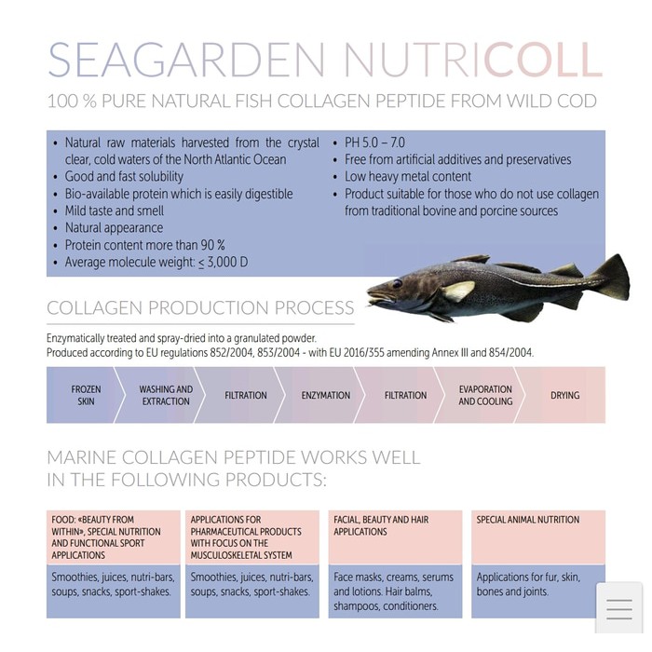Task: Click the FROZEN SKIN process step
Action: pos(86,395)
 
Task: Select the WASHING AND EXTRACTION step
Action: pos(166,395)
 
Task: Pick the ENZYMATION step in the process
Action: pos(326,395)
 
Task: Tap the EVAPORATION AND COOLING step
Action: pos(485,395)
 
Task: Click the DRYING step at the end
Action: pos(564,395)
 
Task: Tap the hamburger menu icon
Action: pos(618,609)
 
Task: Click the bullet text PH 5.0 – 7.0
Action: pos(374,143)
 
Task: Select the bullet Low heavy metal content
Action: pos(408,176)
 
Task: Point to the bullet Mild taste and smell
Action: pos(114,211)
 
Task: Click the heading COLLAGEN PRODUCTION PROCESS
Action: pos(200,308)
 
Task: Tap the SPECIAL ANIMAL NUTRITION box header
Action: pos(528,520)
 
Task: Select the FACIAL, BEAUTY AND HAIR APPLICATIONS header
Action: pos(381,525)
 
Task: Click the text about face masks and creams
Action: pos(393,577)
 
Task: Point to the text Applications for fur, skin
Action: pos(528,577)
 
